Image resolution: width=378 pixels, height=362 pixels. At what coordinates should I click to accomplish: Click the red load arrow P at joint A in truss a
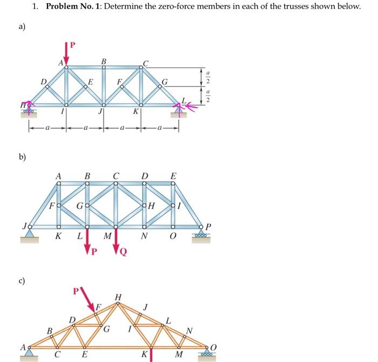pyautogui.click(x=67, y=53)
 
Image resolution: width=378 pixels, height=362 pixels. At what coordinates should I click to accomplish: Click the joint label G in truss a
pyautogui.click(x=165, y=83)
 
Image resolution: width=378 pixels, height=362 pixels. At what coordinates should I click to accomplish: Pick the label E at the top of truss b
pyautogui.click(x=173, y=176)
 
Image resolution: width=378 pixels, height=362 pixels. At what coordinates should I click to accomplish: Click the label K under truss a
pyautogui.click(x=137, y=112)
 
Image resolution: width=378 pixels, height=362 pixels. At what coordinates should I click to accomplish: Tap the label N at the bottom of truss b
pyautogui.click(x=144, y=236)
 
